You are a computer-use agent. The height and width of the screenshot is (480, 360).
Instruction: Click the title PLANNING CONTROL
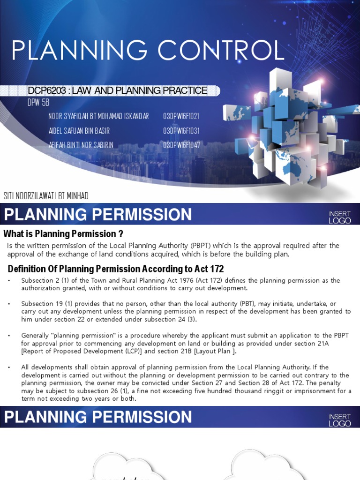(148, 51)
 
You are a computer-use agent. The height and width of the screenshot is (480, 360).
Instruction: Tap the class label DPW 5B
(38, 103)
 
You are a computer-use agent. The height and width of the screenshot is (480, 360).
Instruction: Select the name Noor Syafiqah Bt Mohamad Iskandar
(98, 116)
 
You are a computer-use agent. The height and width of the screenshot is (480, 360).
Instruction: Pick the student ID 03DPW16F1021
(181, 116)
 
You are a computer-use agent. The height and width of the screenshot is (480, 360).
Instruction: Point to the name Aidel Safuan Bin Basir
(79, 131)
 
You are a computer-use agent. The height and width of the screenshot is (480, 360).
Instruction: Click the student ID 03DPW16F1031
(181, 131)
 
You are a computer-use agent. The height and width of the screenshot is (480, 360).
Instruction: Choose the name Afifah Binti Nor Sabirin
(81, 145)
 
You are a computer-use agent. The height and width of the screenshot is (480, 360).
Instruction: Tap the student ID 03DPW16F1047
(181, 145)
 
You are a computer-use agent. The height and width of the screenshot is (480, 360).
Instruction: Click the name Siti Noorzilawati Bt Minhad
(46, 195)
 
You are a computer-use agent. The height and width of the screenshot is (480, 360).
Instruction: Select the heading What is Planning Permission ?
(63, 233)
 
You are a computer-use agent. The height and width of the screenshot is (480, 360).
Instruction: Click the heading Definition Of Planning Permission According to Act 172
(116, 269)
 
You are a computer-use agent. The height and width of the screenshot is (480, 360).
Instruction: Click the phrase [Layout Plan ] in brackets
(218, 351)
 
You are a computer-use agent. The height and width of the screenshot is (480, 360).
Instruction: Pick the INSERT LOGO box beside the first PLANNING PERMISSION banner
(340, 217)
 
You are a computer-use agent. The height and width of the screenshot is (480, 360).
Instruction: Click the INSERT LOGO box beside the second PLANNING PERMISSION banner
(340, 420)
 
